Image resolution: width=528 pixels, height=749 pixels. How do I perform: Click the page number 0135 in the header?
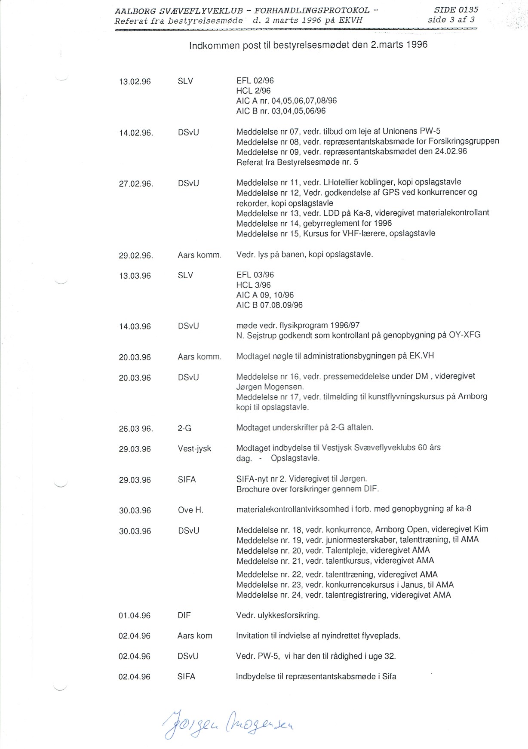468,9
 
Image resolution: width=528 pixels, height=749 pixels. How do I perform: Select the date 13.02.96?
135,82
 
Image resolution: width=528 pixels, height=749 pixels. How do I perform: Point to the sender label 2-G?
184,428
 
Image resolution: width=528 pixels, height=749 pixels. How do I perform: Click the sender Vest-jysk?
194,449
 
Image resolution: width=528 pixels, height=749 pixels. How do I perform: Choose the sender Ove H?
190,510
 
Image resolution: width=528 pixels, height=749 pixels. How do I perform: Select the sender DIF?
184,616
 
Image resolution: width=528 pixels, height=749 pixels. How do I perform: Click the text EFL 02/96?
255,81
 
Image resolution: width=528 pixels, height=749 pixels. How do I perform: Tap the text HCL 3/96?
253,285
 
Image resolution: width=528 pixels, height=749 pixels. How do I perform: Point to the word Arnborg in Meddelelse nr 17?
473,396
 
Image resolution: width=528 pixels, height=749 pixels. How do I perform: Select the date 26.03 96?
136,429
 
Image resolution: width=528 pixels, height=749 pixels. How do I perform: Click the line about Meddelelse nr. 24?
344,595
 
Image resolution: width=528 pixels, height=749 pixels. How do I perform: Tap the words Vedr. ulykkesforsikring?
278,615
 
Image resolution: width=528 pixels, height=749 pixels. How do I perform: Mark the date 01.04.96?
135,616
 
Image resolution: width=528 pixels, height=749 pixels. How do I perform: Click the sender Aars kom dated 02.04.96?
195,636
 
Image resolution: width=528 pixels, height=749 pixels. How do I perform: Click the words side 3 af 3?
451,19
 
